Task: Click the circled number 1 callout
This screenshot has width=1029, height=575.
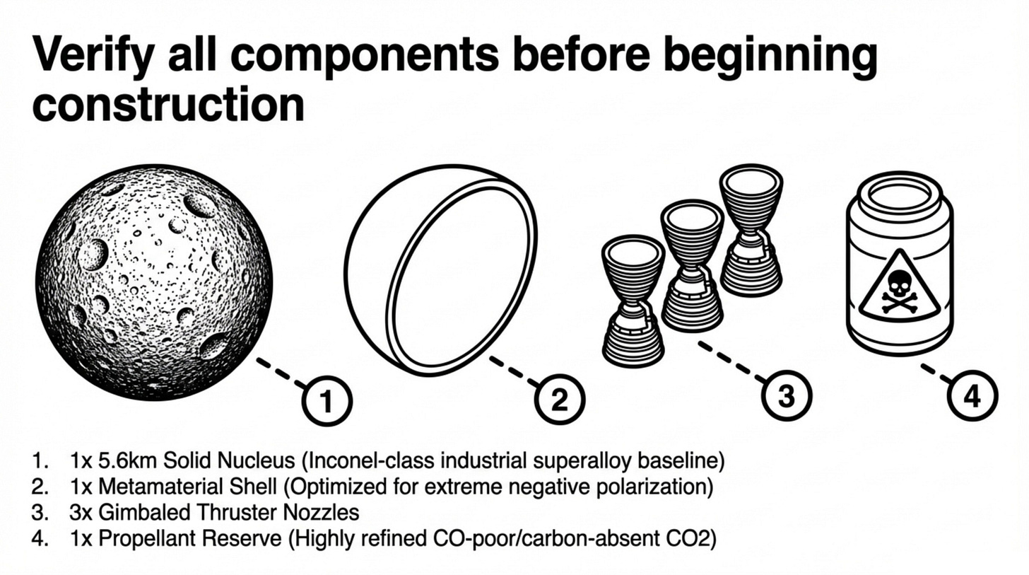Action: click(x=327, y=402)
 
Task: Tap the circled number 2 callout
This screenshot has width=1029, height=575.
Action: click(x=559, y=401)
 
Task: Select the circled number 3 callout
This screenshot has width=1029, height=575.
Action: click(x=786, y=396)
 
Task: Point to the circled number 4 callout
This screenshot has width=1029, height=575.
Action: click(x=972, y=397)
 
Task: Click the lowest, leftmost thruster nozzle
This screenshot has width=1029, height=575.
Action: click(x=633, y=300)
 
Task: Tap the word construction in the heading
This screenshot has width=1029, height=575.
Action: click(x=168, y=104)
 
